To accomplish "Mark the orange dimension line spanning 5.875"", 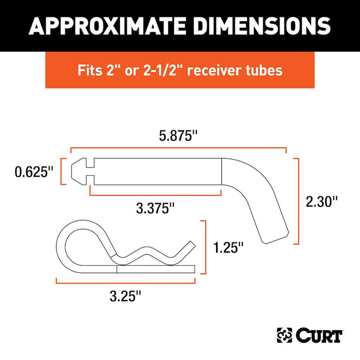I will [x=178, y=148].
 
